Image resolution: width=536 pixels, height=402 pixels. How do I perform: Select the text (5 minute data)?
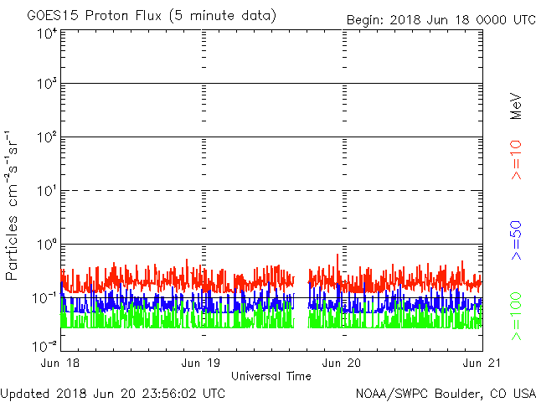coord(224,16)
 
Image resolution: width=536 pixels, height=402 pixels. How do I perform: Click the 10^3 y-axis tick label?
coord(47,85)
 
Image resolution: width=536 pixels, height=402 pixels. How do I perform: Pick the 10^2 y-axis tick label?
coord(47,138)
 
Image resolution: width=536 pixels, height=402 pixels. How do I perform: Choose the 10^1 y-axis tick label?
coord(47,192)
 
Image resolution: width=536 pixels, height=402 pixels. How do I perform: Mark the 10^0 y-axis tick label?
coord(47,245)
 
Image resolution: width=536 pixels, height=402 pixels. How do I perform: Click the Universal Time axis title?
coord(271,376)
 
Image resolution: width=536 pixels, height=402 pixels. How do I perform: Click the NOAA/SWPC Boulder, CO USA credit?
coord(445,392)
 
